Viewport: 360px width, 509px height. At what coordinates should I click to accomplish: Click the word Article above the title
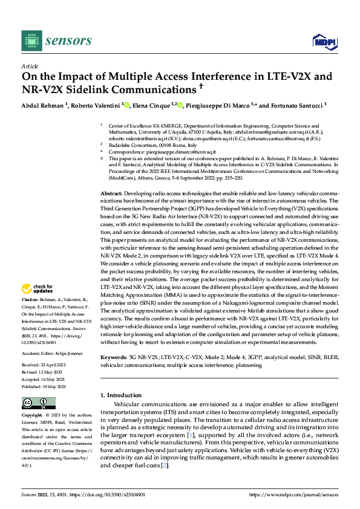30,66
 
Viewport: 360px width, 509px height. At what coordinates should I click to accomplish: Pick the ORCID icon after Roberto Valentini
125,104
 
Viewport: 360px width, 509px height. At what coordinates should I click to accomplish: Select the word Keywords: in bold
113,357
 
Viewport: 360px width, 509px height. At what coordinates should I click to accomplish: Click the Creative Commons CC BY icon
39,403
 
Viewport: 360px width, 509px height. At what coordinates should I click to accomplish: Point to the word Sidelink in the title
133,90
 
